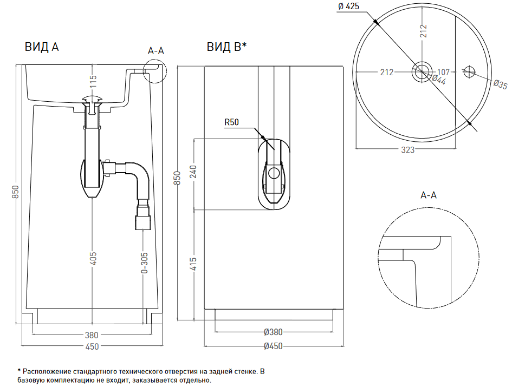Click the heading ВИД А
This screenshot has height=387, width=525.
(41, 47)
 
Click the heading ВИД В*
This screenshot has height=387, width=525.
(226, 47)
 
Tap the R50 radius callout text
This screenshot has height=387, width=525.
(232, 123)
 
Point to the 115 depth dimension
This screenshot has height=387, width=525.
(93, 82)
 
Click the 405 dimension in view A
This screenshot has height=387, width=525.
(93, 258)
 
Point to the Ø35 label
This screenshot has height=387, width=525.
(500, 84)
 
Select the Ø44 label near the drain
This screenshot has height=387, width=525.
(438, 80)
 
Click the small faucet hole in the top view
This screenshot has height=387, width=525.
(469, 71)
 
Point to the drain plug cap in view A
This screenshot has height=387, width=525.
(93, 99)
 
